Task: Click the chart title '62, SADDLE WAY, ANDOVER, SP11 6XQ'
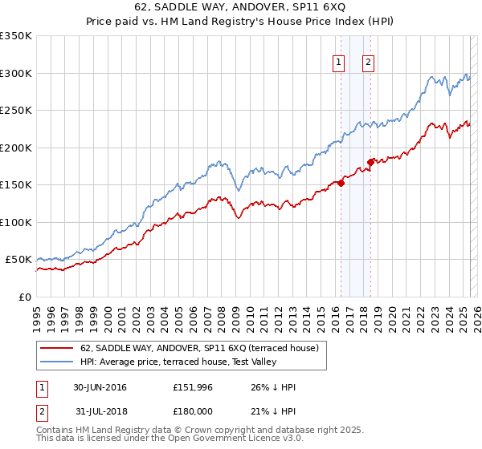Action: point(241,7)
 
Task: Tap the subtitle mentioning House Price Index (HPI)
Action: point(241,22)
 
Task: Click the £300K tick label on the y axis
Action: point(16,73)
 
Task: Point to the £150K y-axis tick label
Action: point(16,185)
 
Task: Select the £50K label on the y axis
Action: point(18,260)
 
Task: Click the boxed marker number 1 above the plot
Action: point(339,63)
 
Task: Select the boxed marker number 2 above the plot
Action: point(368,63)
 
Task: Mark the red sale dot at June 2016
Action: point(341,183)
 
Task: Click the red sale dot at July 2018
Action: point(370,162)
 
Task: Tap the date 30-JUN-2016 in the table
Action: point(100,387)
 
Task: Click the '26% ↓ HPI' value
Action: point(273,387)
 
